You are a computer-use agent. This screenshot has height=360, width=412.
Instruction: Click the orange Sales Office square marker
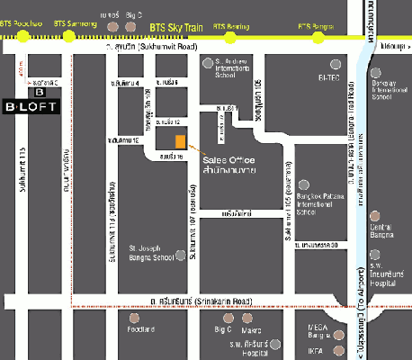click(x=181, y=142)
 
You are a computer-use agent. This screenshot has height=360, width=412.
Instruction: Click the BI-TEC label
click(x=329, y=78)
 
